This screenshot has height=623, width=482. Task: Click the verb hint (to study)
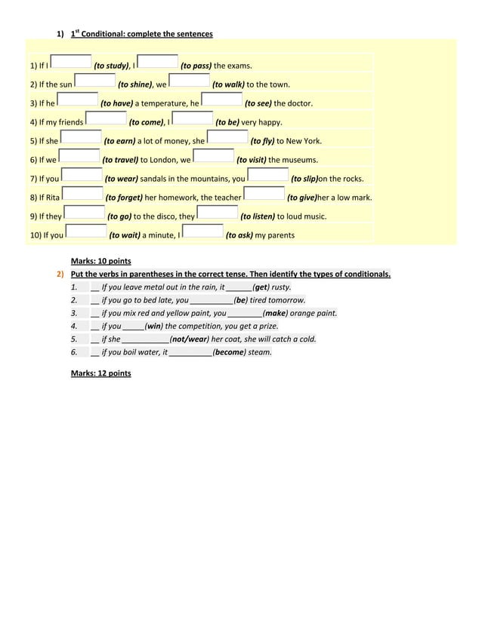110,66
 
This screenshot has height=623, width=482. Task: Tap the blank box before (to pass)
159,63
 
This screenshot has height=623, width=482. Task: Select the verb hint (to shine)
136,84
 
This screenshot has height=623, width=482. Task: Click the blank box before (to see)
222,100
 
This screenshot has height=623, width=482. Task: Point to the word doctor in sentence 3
298,103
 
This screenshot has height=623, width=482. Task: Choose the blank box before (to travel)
79,156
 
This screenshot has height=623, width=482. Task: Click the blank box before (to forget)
83,194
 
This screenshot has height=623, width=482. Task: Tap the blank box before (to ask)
203,232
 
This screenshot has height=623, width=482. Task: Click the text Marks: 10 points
100,261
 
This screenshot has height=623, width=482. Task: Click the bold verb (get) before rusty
261,287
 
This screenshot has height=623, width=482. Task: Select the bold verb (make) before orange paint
276,313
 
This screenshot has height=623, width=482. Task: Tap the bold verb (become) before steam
229,351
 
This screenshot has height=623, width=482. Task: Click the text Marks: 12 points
100,373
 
